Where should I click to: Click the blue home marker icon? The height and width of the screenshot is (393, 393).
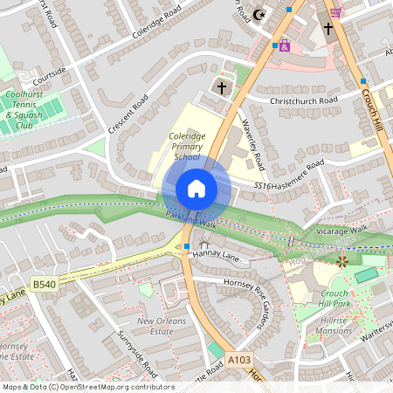click(x=196, y=188)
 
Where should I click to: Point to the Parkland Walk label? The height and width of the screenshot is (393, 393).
click(x=195, y=224)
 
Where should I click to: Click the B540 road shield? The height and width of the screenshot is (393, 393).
click(x=44, y=285)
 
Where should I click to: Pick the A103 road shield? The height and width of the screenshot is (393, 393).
click(x=238, y=359)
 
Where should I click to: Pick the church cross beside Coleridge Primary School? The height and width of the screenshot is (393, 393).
click(x=222, y=87)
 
